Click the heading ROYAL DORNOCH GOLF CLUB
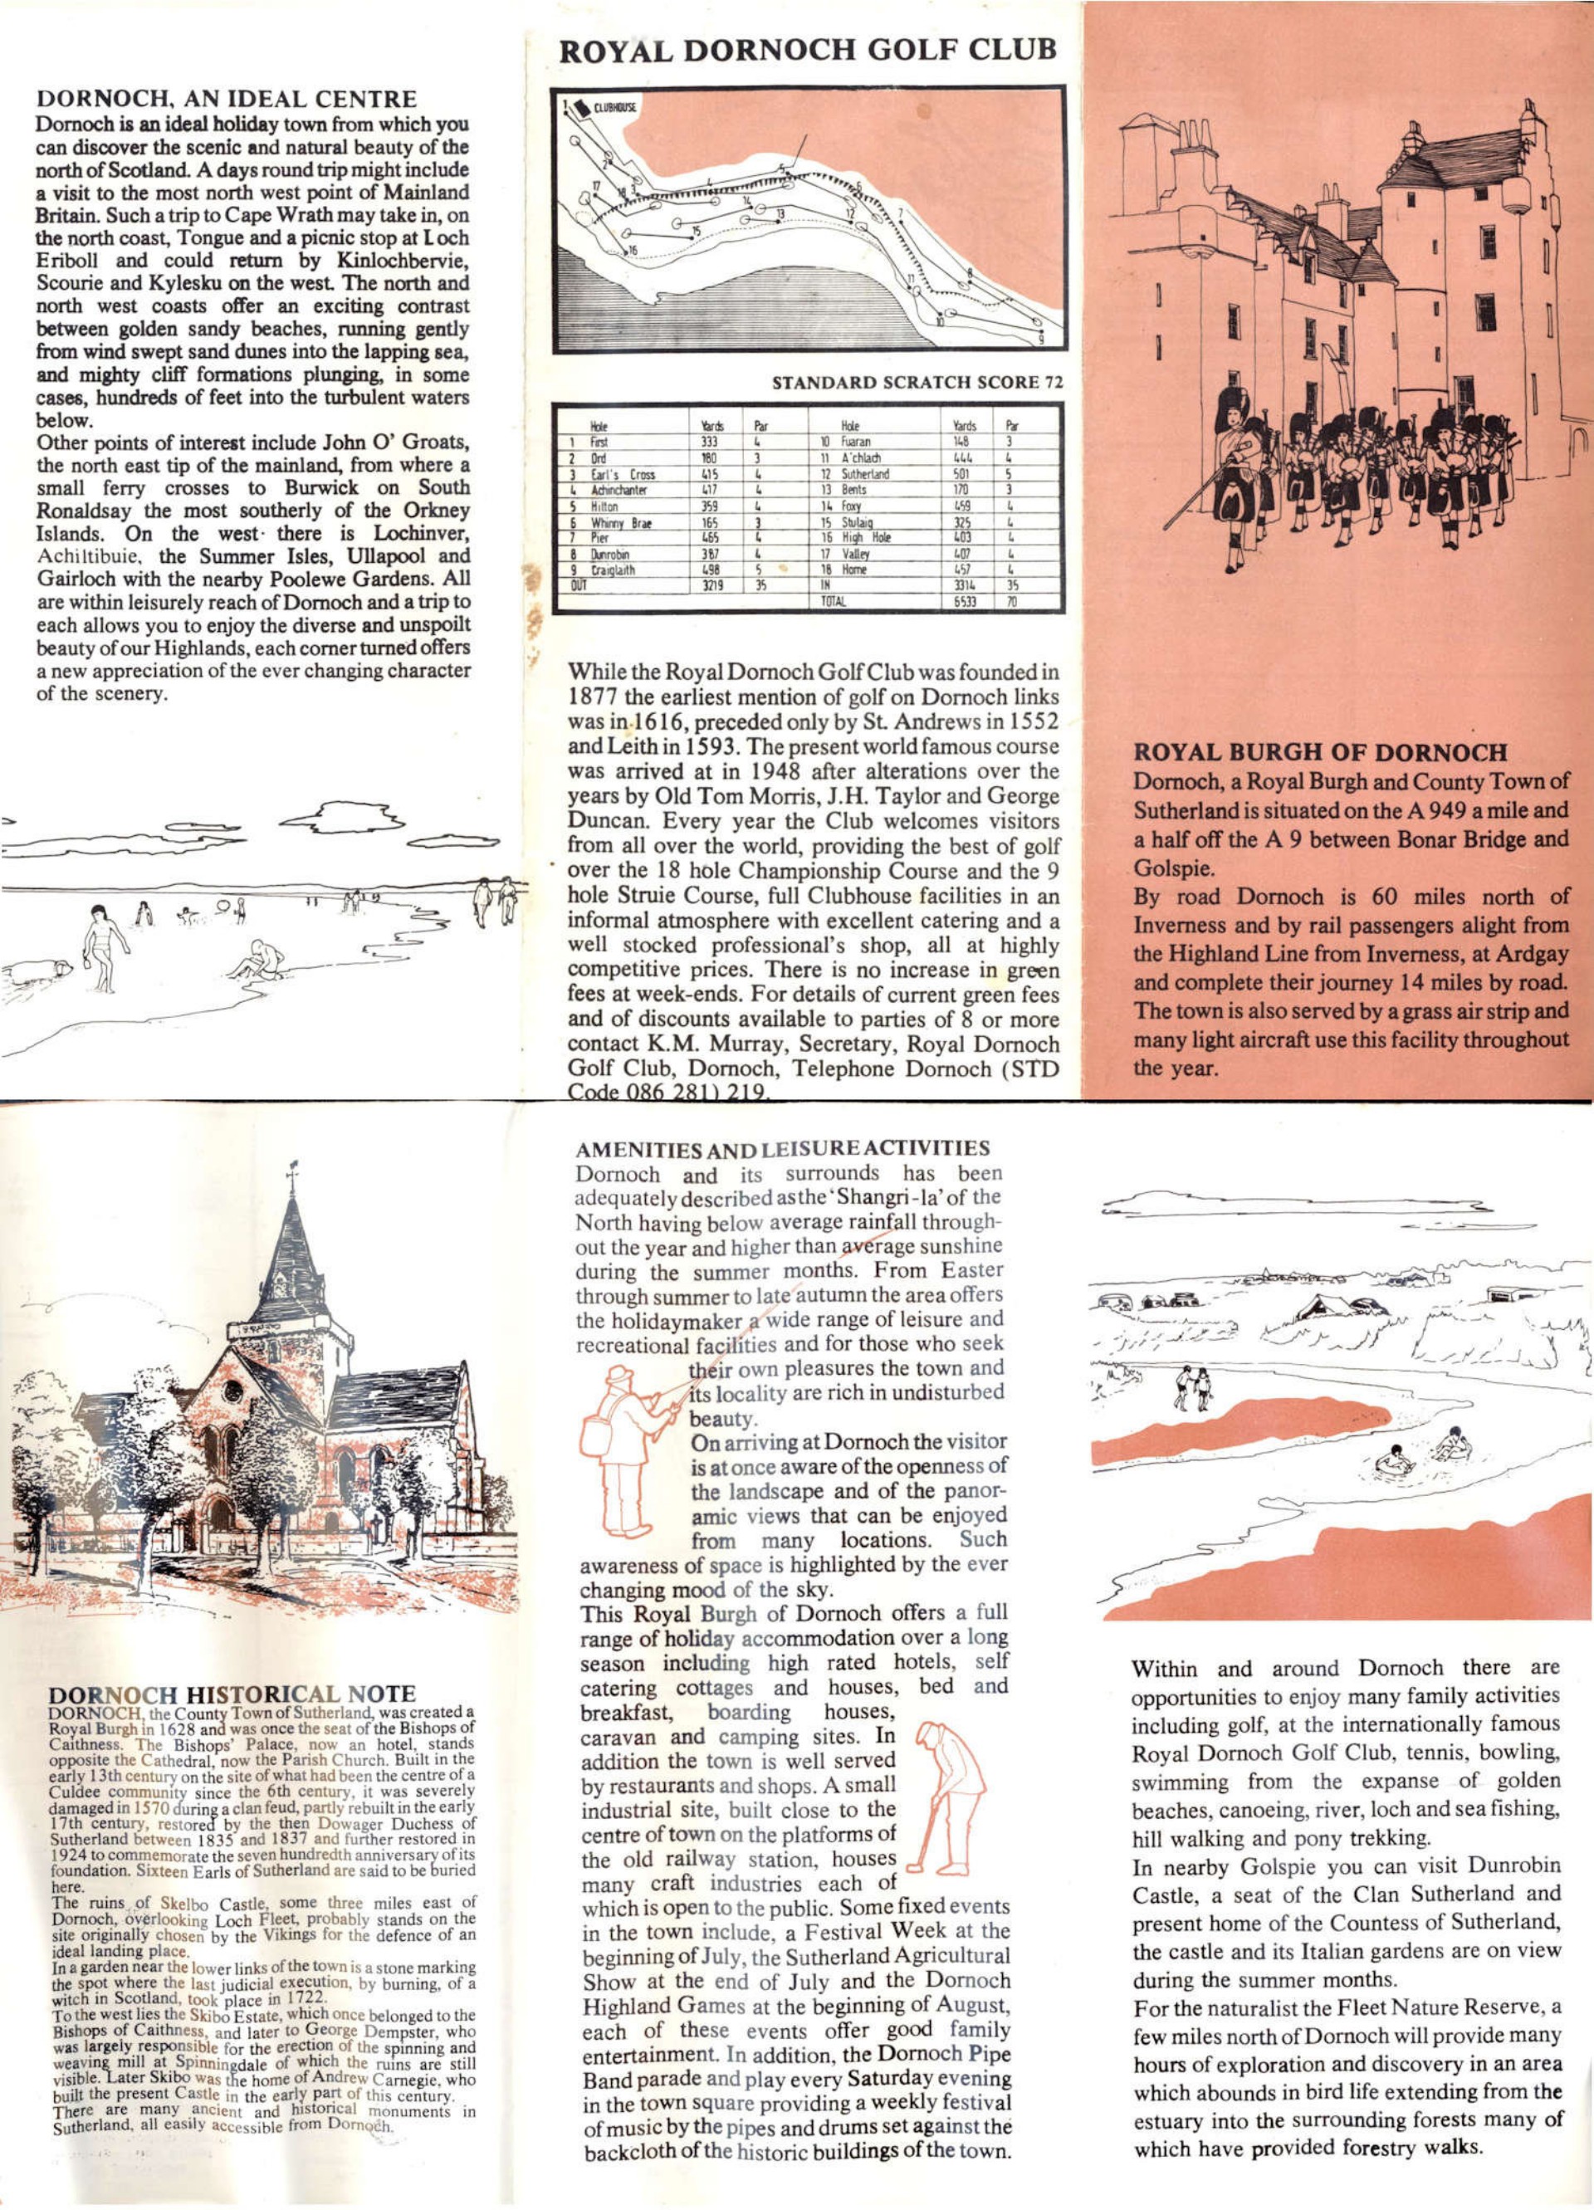pos(807,49)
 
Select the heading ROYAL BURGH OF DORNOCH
pos(1320,752)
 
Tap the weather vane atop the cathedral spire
pos(291,1168)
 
